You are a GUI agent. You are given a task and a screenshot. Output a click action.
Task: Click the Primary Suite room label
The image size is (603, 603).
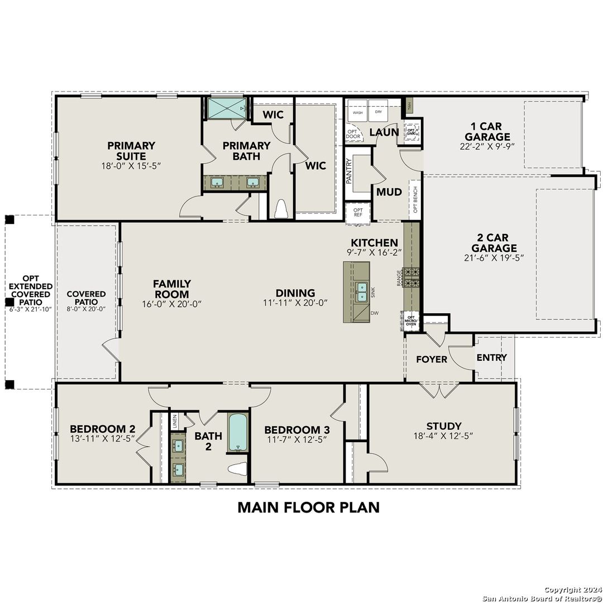click(131, 151)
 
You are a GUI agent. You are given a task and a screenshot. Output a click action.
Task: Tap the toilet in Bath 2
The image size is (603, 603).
click(238, 468)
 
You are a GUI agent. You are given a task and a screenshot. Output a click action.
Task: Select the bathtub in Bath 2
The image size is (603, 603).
click(237, 432)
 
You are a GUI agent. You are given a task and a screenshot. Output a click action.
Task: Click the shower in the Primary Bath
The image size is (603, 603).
click(226, 108)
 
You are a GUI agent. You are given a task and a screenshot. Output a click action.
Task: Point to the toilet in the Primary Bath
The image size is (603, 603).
click(280, 209)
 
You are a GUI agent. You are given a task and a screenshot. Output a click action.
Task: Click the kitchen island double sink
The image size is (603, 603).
click(361, 291)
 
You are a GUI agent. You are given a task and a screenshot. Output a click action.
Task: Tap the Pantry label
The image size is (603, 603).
click(349, 171)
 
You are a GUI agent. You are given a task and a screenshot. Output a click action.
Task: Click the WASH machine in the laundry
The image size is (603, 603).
click(357, 112)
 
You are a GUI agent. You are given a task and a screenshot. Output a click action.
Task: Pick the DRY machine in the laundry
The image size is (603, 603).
click(379, 112)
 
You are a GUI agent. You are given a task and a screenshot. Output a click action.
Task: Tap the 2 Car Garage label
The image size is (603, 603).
click(494, 243)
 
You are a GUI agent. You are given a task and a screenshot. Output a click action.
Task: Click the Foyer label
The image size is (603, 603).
click(432, 359)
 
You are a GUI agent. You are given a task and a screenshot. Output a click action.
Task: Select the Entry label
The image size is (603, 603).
click(492, 357)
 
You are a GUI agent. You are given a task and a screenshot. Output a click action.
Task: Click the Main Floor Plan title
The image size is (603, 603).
click(308, 507)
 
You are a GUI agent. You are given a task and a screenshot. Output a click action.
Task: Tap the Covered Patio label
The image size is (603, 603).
click(87, 298)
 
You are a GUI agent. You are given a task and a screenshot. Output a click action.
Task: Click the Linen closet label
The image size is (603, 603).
click(175, 419)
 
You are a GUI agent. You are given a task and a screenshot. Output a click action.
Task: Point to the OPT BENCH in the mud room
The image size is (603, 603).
click(415, 200)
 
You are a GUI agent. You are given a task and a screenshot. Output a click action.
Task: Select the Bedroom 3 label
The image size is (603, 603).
click(296, 430)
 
